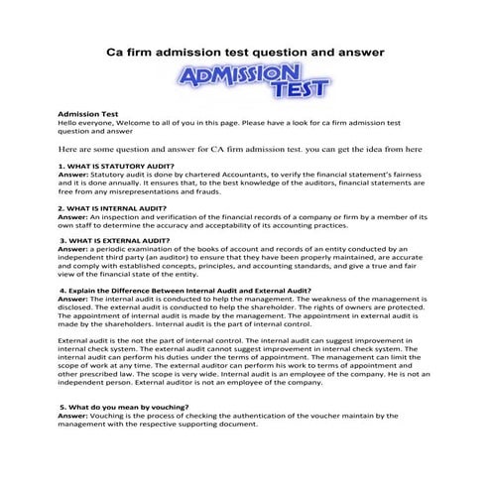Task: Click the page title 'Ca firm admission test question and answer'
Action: (245, 50)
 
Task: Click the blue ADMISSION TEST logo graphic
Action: (244, 82)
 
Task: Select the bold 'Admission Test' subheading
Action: (86, 114)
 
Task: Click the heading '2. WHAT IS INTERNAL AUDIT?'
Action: (112, 208)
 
